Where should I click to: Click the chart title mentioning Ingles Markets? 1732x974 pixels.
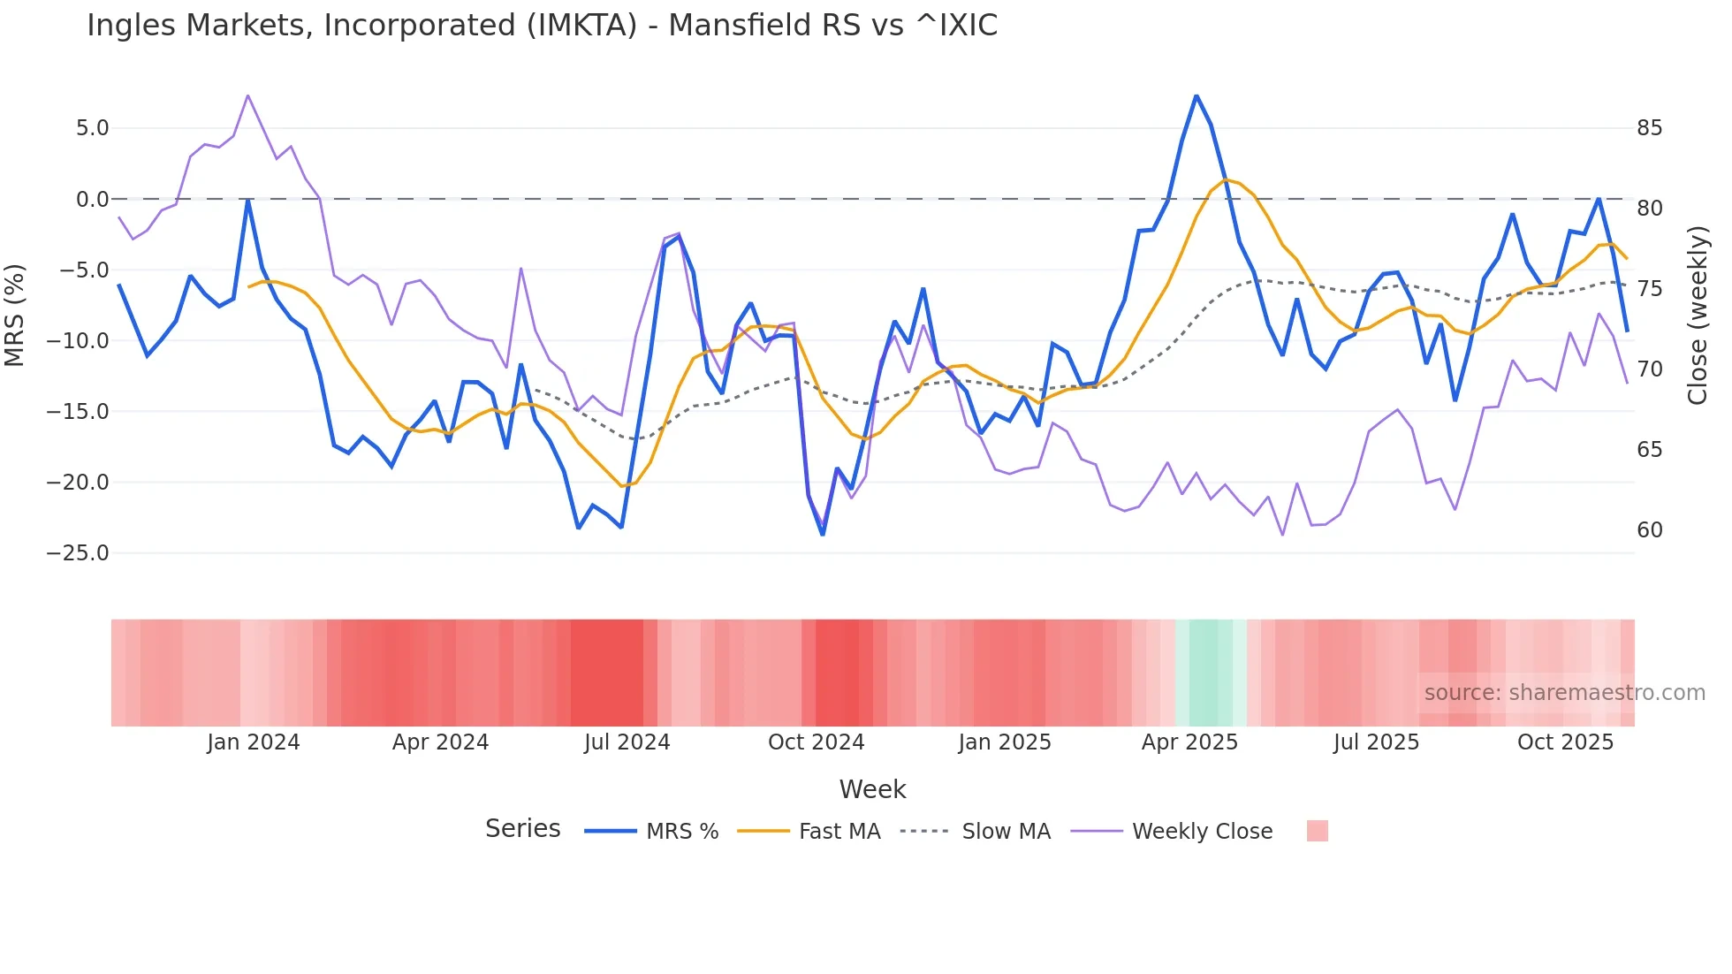click(542, 26)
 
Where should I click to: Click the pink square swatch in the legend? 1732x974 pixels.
click(1317, 831)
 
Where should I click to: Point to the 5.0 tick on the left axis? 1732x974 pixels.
click(92, 128)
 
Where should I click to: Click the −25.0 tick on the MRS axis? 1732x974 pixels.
click(78, 553)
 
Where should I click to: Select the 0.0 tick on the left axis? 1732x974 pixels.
click(92, 200)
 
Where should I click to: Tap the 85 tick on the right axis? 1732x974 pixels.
click(1649, 128)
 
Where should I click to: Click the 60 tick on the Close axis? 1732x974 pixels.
click(1649, 530)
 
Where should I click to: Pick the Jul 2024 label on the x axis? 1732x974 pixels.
click(627, 742)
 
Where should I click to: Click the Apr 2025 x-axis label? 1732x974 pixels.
click(1189, 742)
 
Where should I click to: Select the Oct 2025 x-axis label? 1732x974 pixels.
click(1565, 742)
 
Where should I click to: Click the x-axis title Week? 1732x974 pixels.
click(872, 789)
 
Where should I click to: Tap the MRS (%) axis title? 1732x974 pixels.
click(15, 315)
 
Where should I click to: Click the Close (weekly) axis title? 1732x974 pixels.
click(1697, 316)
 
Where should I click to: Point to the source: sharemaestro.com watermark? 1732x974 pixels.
click(1564, 693)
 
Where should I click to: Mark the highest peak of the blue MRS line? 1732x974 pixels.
click(1196, 96)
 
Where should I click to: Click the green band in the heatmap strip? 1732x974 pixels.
click(1204, 673)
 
